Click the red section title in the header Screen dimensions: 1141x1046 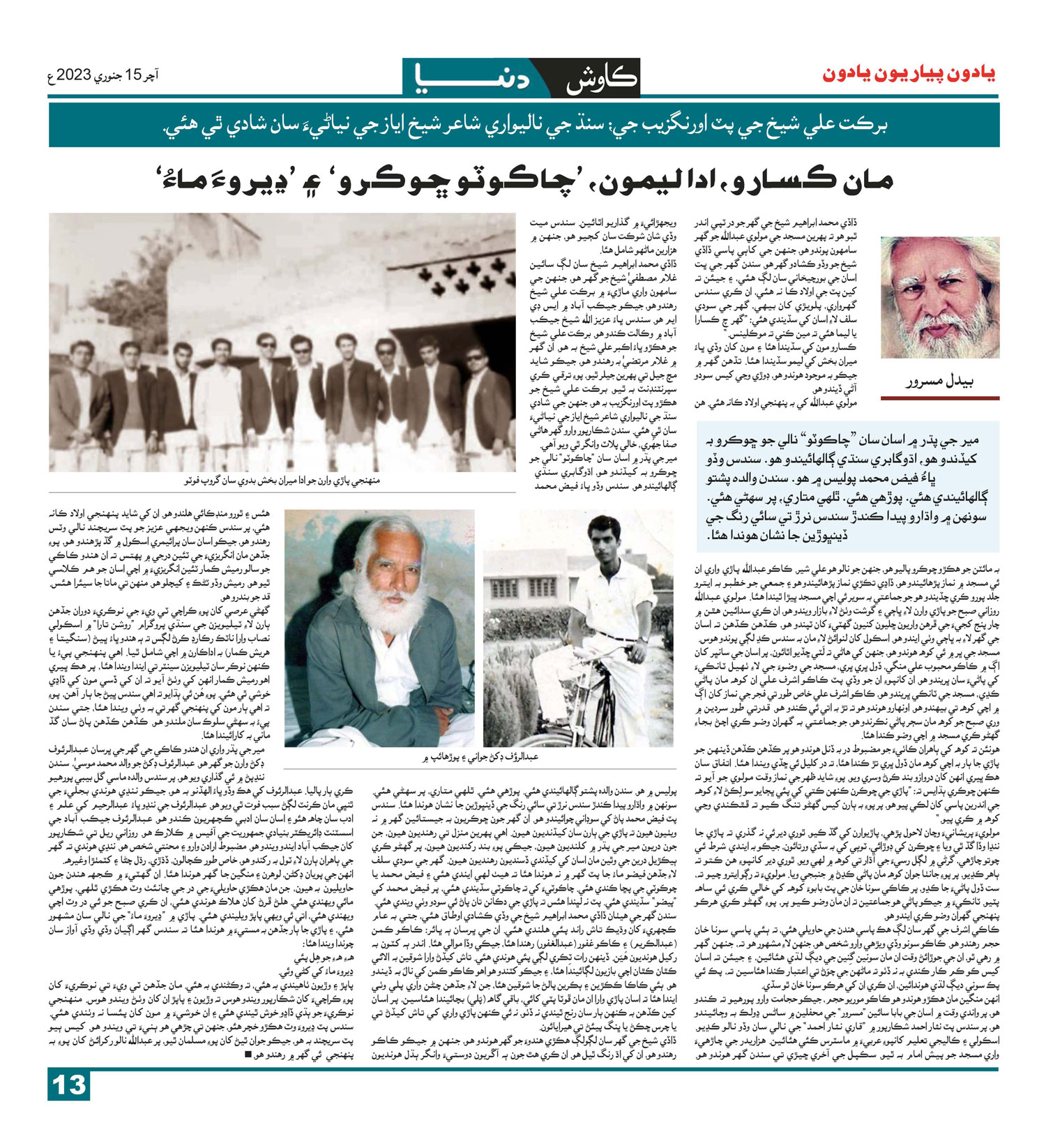(909, 75)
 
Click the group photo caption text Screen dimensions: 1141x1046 (282, 481)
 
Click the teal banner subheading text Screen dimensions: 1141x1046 (524, 126)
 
